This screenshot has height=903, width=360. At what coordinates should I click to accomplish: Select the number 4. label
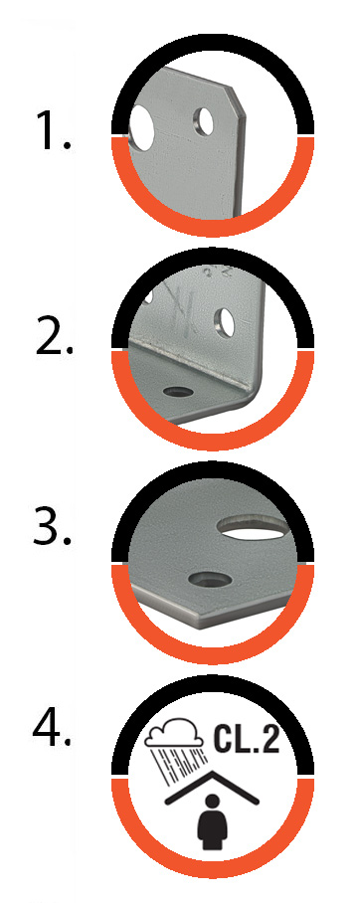click(52, 727)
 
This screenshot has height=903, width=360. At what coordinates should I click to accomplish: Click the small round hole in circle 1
click(203, 122)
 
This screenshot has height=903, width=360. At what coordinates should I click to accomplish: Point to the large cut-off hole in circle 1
click(141, 127)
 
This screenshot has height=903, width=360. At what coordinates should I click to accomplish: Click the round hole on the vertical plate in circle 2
click(225, 321)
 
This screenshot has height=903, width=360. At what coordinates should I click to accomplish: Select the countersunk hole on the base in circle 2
click(178, 392)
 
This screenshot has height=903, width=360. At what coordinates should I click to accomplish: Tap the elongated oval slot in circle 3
click(254, 527)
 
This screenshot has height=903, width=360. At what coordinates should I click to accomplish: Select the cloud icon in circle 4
click(174, 731)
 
